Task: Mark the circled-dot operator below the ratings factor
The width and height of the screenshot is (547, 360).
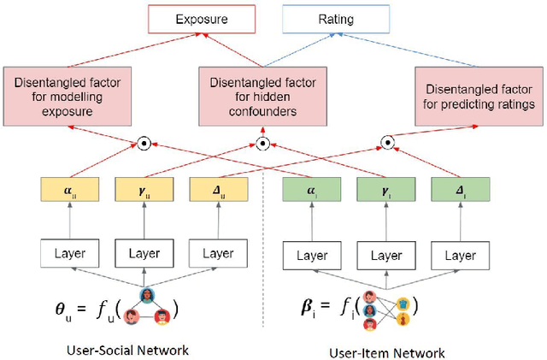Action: pyautogui.click(x=387, y=143)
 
